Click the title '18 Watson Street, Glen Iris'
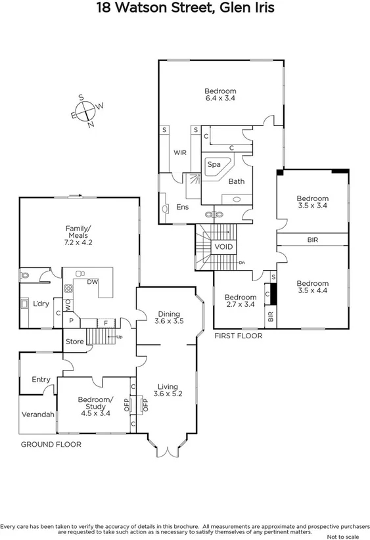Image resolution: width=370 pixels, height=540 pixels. (185, 8)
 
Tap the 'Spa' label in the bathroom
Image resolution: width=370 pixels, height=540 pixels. (214, 164)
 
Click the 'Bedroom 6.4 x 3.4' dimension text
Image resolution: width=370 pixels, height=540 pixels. (220, 95)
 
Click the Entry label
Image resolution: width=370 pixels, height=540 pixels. (41, 379)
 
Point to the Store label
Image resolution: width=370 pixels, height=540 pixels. (75, 341)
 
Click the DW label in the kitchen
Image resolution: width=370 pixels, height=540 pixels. (93, 282)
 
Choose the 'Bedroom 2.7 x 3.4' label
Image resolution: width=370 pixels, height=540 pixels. (240, 301)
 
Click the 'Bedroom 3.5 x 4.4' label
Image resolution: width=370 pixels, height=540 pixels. (312, 287)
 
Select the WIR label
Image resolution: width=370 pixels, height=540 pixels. (180, 152)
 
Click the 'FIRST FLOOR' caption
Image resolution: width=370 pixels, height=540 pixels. (238, 336)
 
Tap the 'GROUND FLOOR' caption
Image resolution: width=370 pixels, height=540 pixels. (51, 445)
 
